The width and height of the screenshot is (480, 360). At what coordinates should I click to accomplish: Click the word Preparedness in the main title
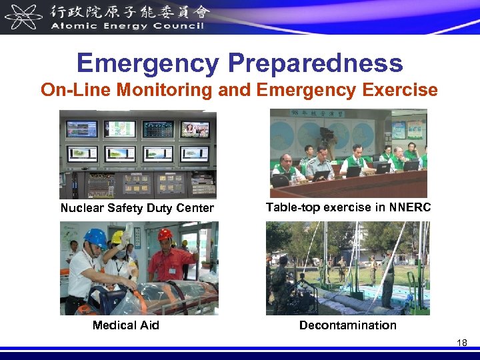point(315,63)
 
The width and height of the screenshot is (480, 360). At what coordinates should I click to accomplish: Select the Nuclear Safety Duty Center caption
point(137,208)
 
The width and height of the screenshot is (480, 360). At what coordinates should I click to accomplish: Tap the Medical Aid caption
point(125,325)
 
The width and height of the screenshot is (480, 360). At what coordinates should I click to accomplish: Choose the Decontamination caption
point(347,325)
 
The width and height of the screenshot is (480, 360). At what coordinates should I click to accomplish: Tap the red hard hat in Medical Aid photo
point(165,235)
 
